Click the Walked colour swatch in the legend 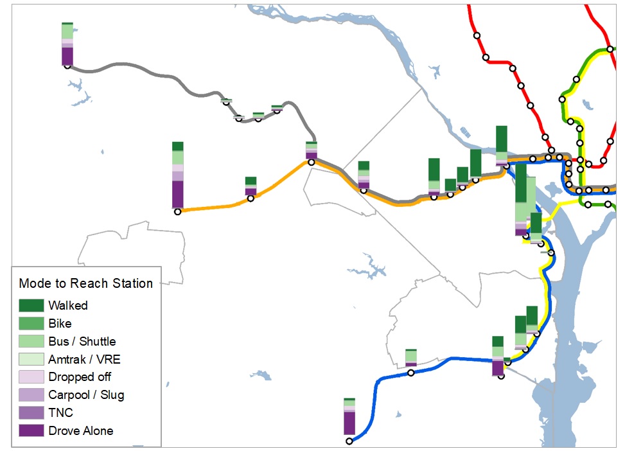(x=31, y=305)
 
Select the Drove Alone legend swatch (x=31, y=430)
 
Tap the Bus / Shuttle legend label (x=82, y=341)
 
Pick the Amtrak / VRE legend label (x=84, y=359)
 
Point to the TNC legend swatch (x=31, y=412)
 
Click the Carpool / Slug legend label (x=86, y=395)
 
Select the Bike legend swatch (x=31, y=323)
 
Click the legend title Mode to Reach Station (x=86, y=283)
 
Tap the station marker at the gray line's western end (x=67, y=66)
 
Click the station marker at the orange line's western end (x=178, y=211)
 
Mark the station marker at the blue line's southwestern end (x=349, y=441)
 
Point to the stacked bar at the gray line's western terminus (x=67, y=44)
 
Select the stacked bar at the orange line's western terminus (x=178, y=175)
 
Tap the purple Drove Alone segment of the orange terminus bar (x=178, y=194)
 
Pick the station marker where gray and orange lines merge (x=312, y=162)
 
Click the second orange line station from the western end (x=251, y=199)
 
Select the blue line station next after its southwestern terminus (x=411, y=373)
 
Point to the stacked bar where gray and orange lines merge (x=312, y=150)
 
